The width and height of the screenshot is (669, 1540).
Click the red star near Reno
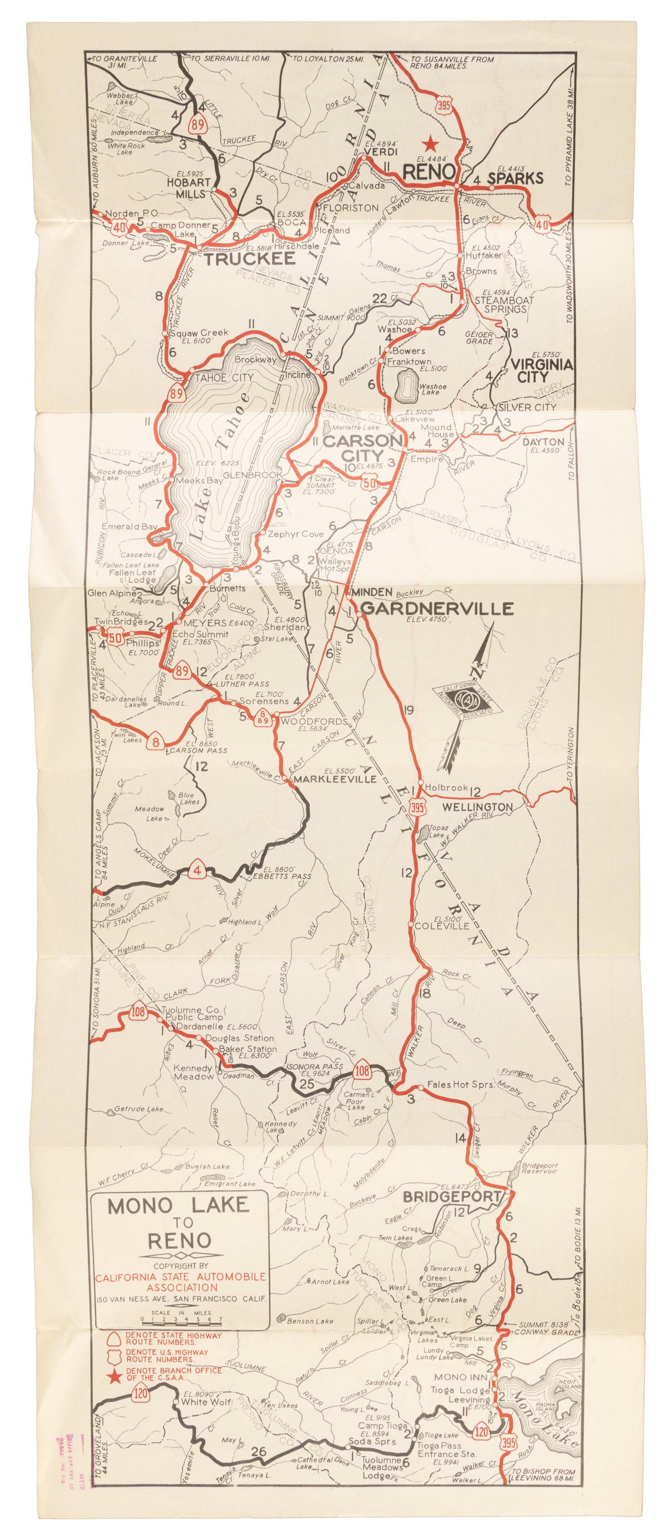428,144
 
